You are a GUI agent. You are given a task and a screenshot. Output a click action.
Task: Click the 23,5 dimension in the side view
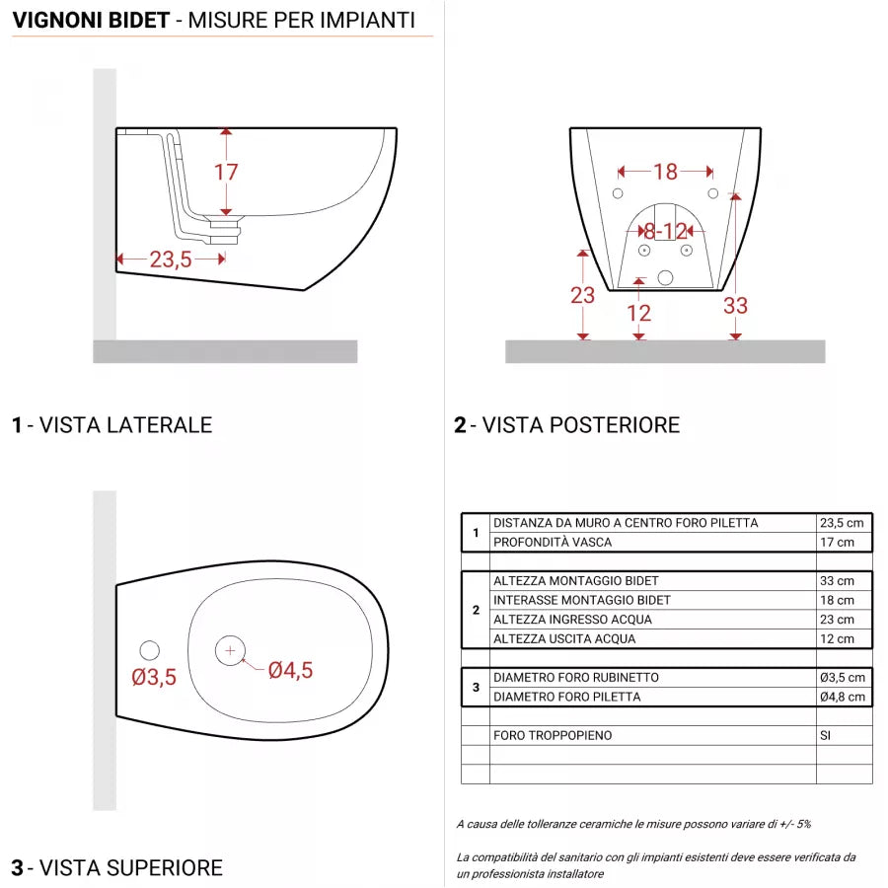(x=171, y=260)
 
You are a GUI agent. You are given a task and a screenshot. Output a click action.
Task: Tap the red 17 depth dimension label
(x=226, y=172)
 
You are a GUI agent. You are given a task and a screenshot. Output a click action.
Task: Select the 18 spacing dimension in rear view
(x=666, y=172)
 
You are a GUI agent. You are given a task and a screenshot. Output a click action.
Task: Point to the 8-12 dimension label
(x=666, y=231)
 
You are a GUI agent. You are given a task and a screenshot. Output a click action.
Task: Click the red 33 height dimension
(x=735, y=306)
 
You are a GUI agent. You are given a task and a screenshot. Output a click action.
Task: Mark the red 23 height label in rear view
(x=583, y=294)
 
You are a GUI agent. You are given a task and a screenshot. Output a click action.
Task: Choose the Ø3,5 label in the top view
(x=154, y=677)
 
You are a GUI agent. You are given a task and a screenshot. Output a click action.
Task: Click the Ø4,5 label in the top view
(x=290, y=670)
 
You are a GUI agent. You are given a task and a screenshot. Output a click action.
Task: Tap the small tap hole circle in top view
(x=149, y=650)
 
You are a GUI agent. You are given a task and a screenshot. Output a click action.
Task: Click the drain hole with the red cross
(x=230, y=650)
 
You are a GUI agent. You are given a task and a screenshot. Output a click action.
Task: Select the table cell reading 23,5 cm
(x=843, y=523)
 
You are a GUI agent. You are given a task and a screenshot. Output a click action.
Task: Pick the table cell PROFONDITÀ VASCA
(x=553, y=542)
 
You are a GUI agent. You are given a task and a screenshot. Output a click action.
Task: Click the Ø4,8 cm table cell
(x=843, y=697)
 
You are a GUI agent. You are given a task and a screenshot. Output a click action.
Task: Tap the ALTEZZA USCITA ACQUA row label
(x=564, y=638)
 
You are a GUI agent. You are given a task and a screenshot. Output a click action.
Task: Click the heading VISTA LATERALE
(x=125, y=425)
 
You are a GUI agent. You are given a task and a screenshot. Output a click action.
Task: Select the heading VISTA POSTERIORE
(x=581, y=425)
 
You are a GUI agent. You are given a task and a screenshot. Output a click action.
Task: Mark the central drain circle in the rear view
(x=665, y=278)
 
